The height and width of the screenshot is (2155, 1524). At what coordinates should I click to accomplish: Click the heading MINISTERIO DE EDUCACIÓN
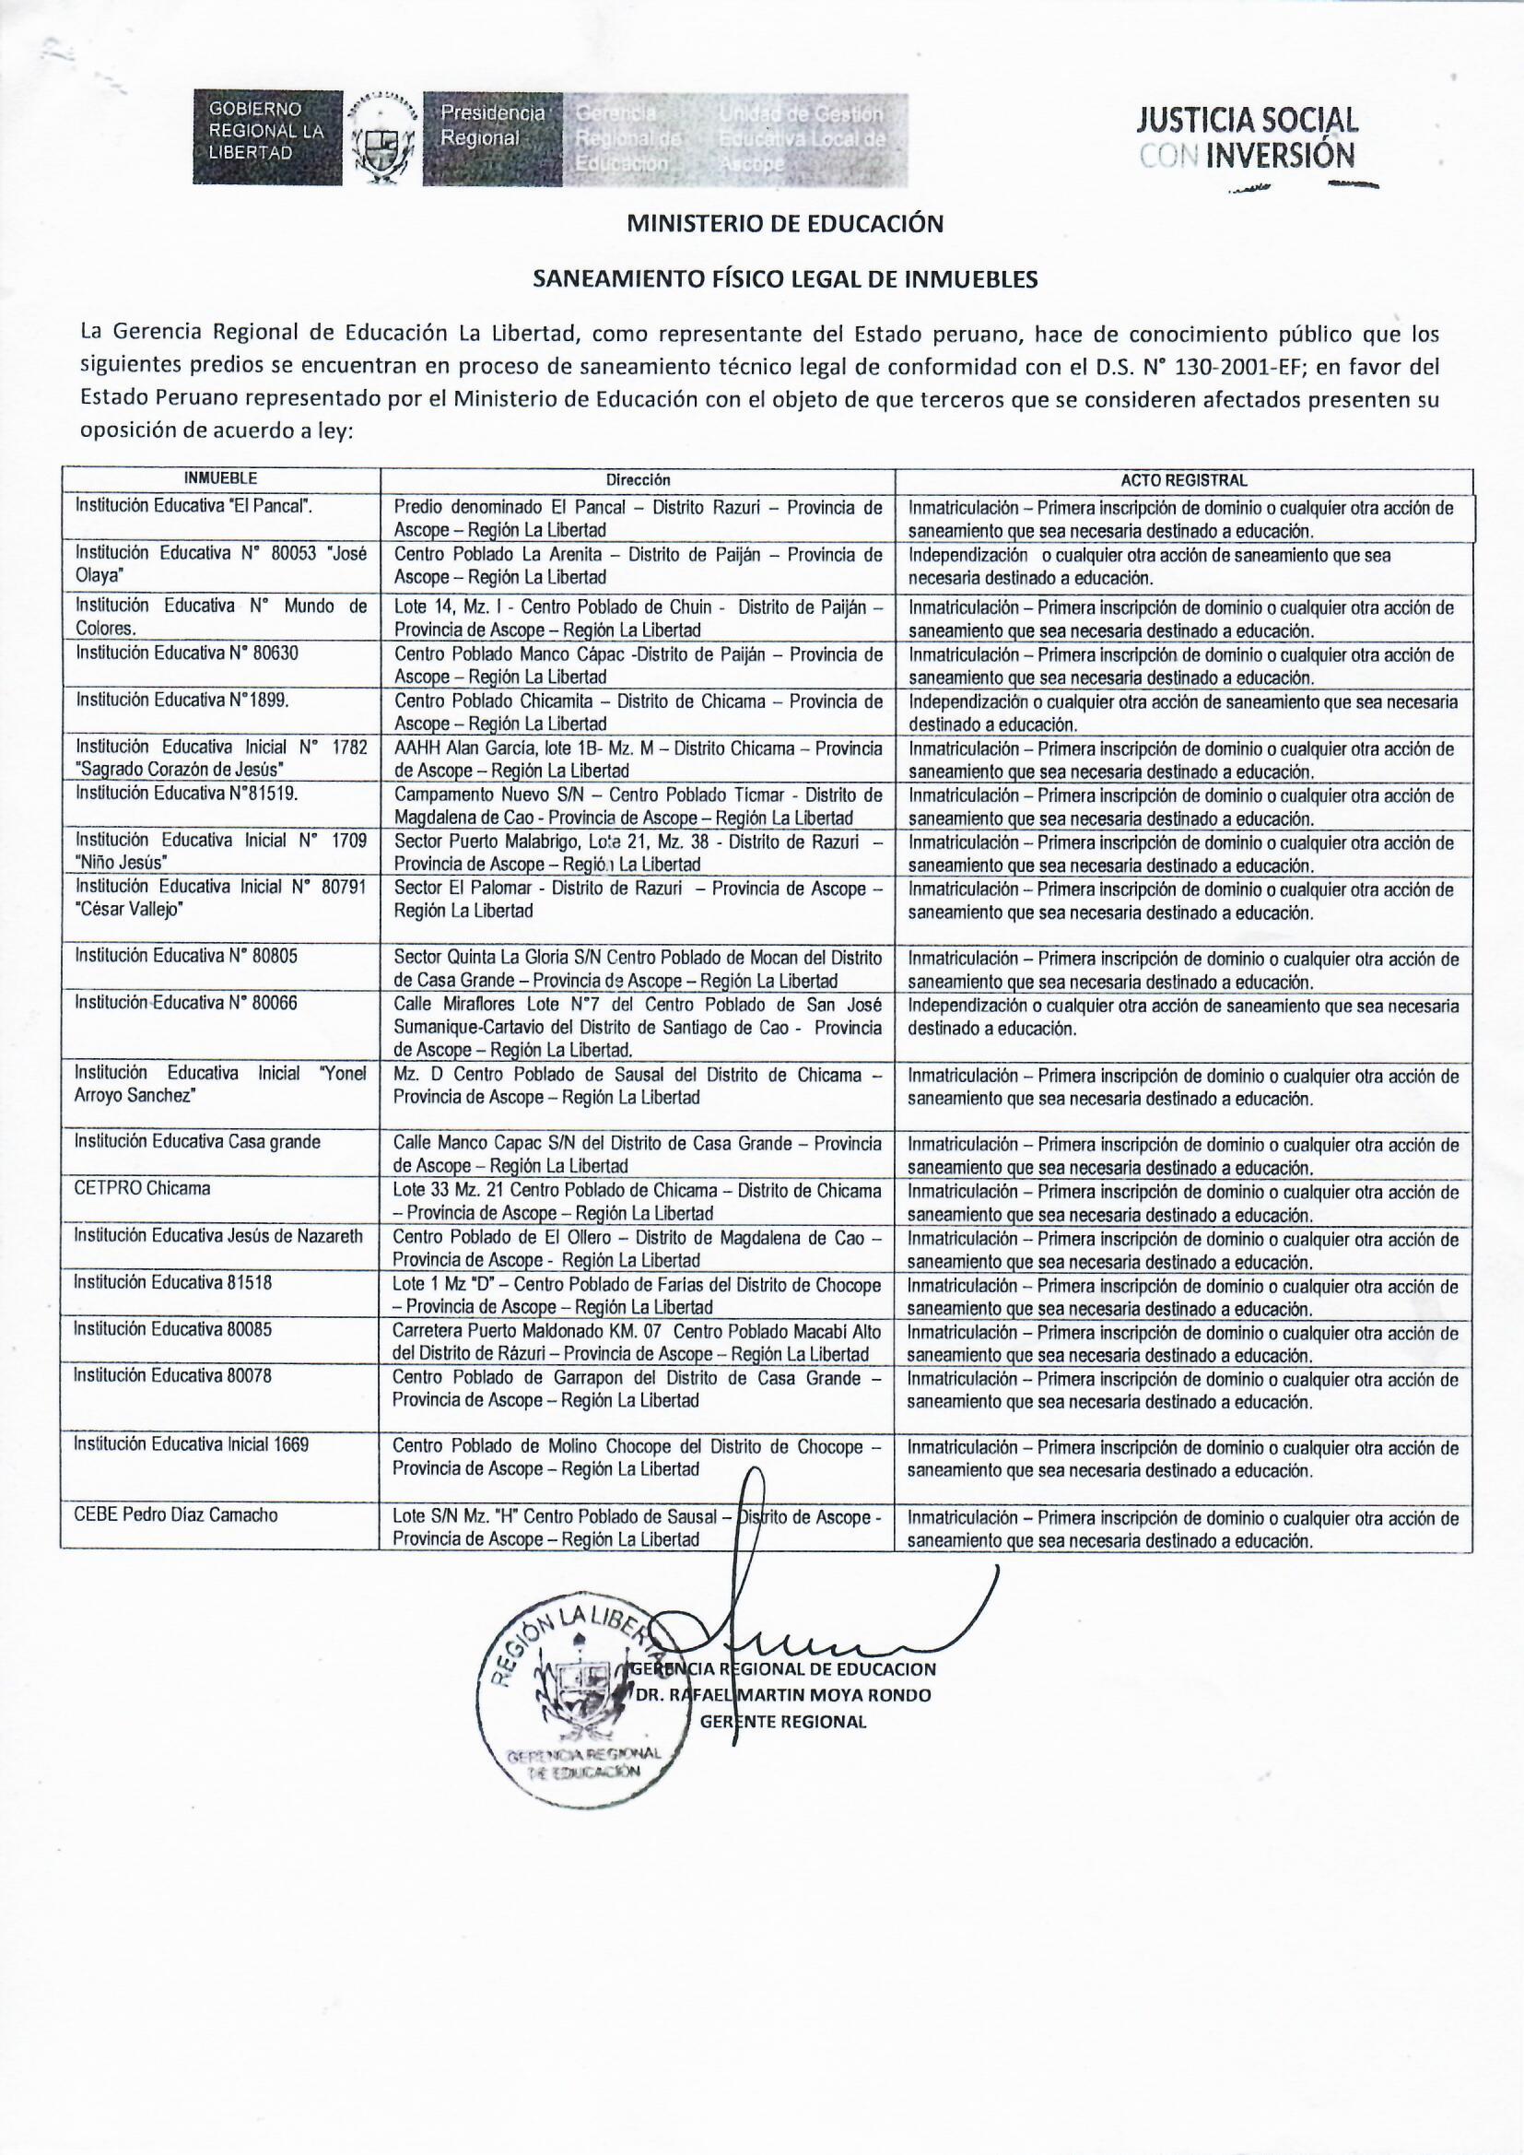coord(783,224)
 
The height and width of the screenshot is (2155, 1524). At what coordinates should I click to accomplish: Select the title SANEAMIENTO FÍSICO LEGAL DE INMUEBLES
coord(784,278)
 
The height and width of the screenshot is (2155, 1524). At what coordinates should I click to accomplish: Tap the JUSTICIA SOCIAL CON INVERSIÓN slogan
coord(1247,137)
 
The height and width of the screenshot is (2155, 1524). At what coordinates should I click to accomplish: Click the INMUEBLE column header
coord(220,478)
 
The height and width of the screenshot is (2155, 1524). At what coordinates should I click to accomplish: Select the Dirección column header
coord(638,479)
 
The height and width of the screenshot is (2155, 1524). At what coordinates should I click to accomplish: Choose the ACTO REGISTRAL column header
coord(1183,479)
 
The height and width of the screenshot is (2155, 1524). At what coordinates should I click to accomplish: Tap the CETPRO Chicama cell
coord(144,1188)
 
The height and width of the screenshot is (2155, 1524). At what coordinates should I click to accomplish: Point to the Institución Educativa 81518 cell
coord(173,1281)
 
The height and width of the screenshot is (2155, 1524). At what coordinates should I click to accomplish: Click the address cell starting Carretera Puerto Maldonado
coord(638,1341)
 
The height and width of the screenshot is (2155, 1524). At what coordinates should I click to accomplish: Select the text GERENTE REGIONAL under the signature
coord(783,1722)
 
